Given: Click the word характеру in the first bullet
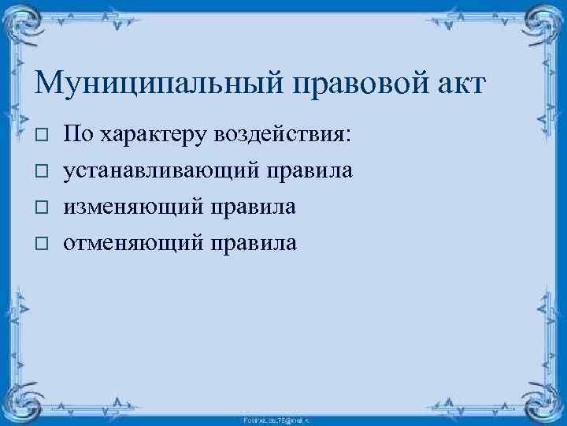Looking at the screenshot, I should point(150,135).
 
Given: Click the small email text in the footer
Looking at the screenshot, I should point(283,420).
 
